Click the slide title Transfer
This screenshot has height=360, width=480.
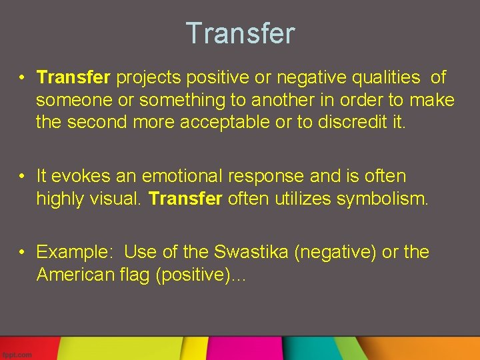click(240, 33)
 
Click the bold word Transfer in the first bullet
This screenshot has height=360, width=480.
click(73, 78)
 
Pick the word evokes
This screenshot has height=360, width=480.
click(75, 177)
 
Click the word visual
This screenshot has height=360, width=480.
click(119, 199)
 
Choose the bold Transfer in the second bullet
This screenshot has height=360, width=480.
click(185, 199)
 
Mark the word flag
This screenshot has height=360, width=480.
click(137, 275)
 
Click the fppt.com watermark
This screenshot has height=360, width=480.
click(17, 355)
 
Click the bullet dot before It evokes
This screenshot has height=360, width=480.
click(22, 177)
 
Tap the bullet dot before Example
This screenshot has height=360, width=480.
click(22, 253)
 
